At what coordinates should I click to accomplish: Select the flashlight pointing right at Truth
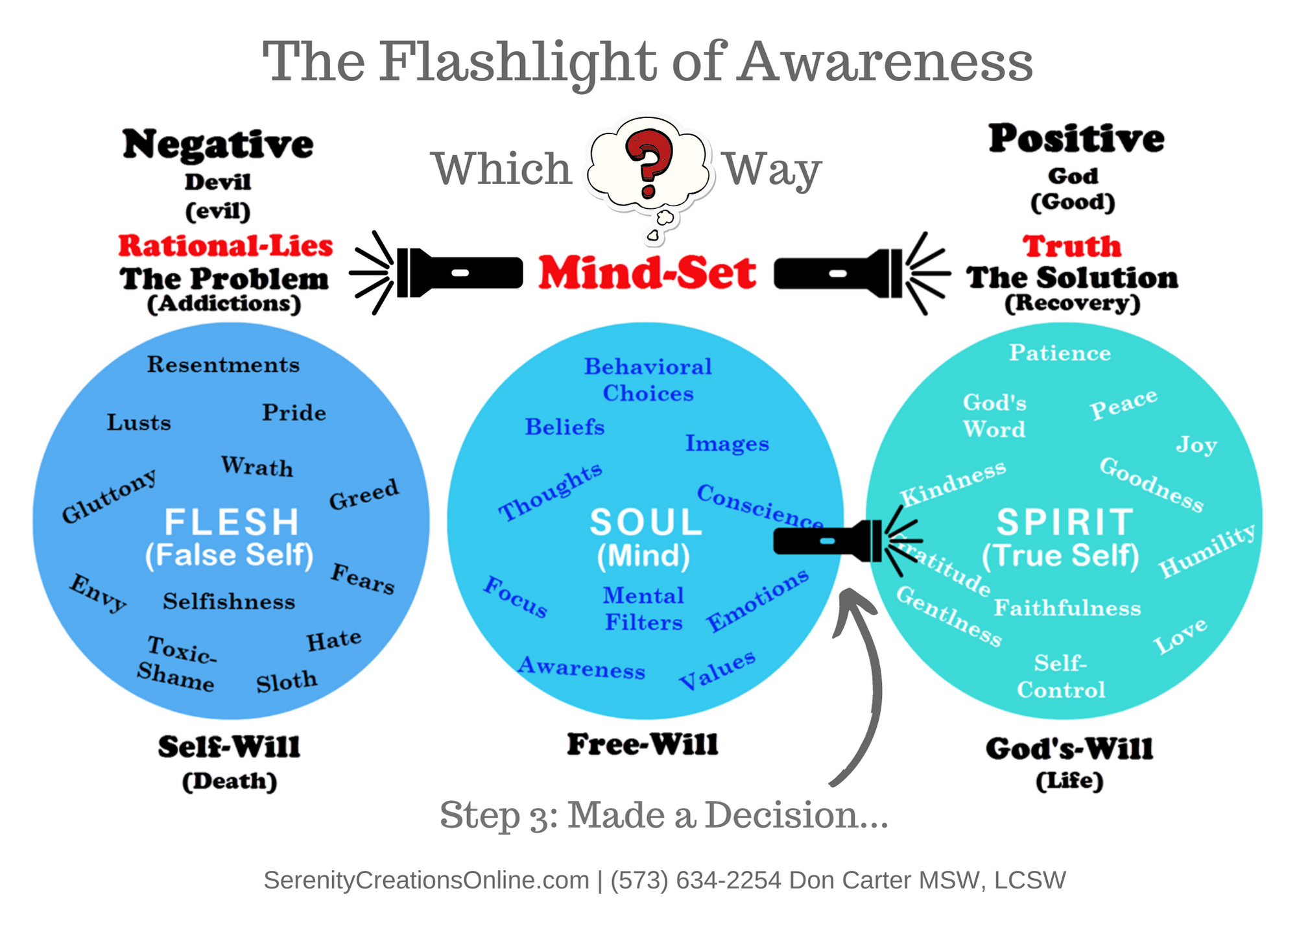click(x=843, y=273)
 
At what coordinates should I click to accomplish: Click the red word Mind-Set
click(x=647, y=273)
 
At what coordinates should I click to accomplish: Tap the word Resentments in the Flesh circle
click(x=223, y=364)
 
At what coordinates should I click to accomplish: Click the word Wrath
click(x=257, y=466)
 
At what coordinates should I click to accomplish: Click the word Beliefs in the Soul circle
click(x=564, y=427)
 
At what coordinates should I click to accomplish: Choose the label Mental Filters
click(x=643, y=609)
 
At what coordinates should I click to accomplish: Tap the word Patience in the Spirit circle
click(x=1060, y=353)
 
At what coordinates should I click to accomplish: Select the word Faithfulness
click(x=1067, y=608)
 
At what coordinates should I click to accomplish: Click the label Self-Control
click(x=1061, y=676)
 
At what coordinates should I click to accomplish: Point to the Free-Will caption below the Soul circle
click(x=643, y=744)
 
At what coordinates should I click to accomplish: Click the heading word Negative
click(x=218, y=144)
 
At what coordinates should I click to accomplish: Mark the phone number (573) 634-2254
click(x=696, y=880)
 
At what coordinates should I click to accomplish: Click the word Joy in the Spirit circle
click(x=1196, y=445)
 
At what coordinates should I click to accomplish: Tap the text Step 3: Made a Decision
click(x=663, y=815)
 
